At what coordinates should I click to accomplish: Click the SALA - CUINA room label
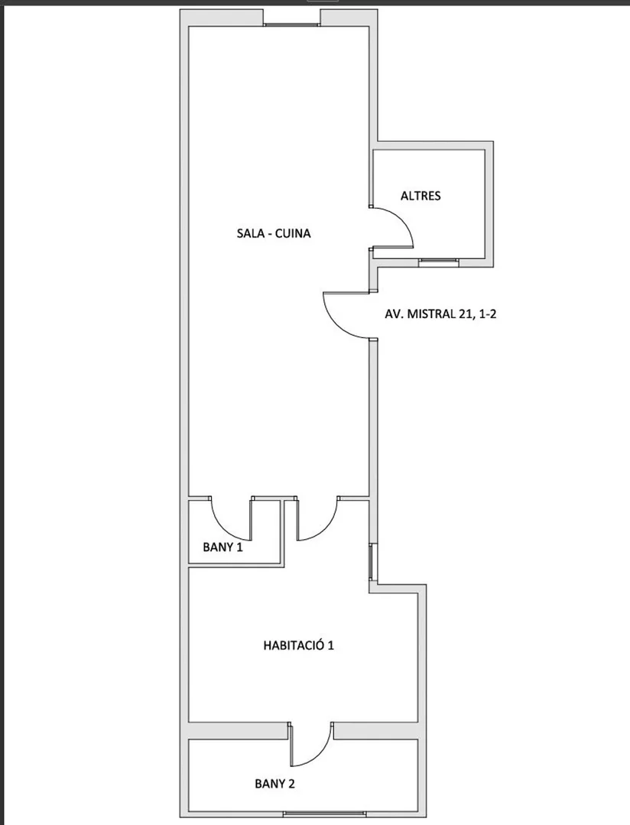[274, 233]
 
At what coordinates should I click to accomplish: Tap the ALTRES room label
[421, 196]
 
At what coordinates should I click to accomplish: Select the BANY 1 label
[222, 547]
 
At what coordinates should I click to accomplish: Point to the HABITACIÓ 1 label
[298, 645]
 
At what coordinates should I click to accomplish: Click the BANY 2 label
[274, 784]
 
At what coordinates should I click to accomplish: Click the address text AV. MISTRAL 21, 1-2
[441, 314]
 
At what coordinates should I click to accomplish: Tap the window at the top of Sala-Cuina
[292, 24]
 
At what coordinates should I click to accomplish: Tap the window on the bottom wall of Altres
[438, 261]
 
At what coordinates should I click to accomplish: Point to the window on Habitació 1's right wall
[373, 562]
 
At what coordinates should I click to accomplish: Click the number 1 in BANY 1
[239, 547]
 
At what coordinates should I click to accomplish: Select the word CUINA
[293, 233]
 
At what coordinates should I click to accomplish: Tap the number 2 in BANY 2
[291, 784]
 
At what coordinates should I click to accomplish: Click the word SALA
[248, 233]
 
